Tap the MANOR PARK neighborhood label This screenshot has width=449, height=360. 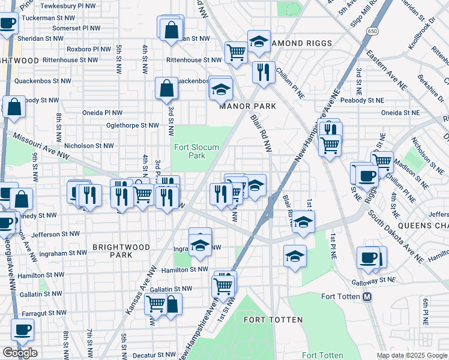pyautogui.click(x=247, y=106)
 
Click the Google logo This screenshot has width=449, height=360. pyautogui.click(x=20, y=352)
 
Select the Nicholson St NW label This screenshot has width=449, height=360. pyautogui.click(x=89, y=145)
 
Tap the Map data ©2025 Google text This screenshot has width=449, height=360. pyautogui.click(x=412, y=355)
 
